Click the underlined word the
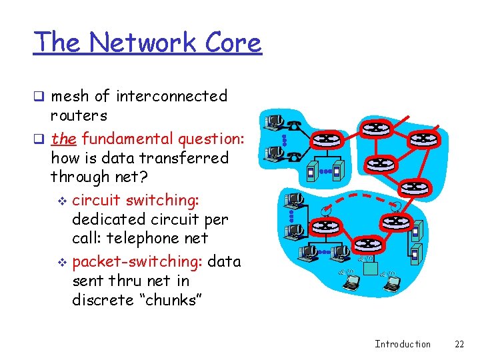pyautogui.click(x=63, y=139)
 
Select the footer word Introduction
pyautogui.click(x=402, y=344)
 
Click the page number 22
pyautogui.click(x=459, y=344)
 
